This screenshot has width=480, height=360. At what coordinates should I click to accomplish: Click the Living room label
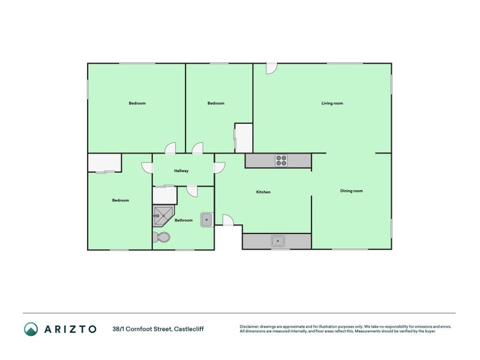332,103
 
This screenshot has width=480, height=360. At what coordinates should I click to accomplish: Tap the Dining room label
351,191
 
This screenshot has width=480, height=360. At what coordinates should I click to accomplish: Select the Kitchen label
263,192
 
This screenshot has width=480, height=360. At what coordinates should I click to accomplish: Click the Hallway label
181,171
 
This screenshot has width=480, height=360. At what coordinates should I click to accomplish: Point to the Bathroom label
184,220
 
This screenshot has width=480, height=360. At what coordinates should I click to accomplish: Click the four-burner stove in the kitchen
282,160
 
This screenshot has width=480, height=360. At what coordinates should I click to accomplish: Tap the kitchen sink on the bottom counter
277,241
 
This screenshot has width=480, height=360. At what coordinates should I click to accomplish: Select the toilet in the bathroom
162,238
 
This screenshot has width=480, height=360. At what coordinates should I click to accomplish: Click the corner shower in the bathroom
161,215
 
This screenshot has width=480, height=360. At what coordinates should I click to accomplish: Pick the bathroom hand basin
206,220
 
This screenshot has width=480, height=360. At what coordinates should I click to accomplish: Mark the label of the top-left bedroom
137,103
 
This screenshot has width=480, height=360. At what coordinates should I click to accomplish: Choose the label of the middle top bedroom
215,103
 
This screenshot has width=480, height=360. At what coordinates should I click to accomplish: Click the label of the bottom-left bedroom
120,200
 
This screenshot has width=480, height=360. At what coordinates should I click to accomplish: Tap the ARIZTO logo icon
31,329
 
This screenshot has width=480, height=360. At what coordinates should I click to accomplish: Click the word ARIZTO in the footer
70,329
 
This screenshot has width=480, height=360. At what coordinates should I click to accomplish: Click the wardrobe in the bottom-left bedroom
104,163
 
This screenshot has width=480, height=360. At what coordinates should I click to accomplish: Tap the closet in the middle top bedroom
243,138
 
